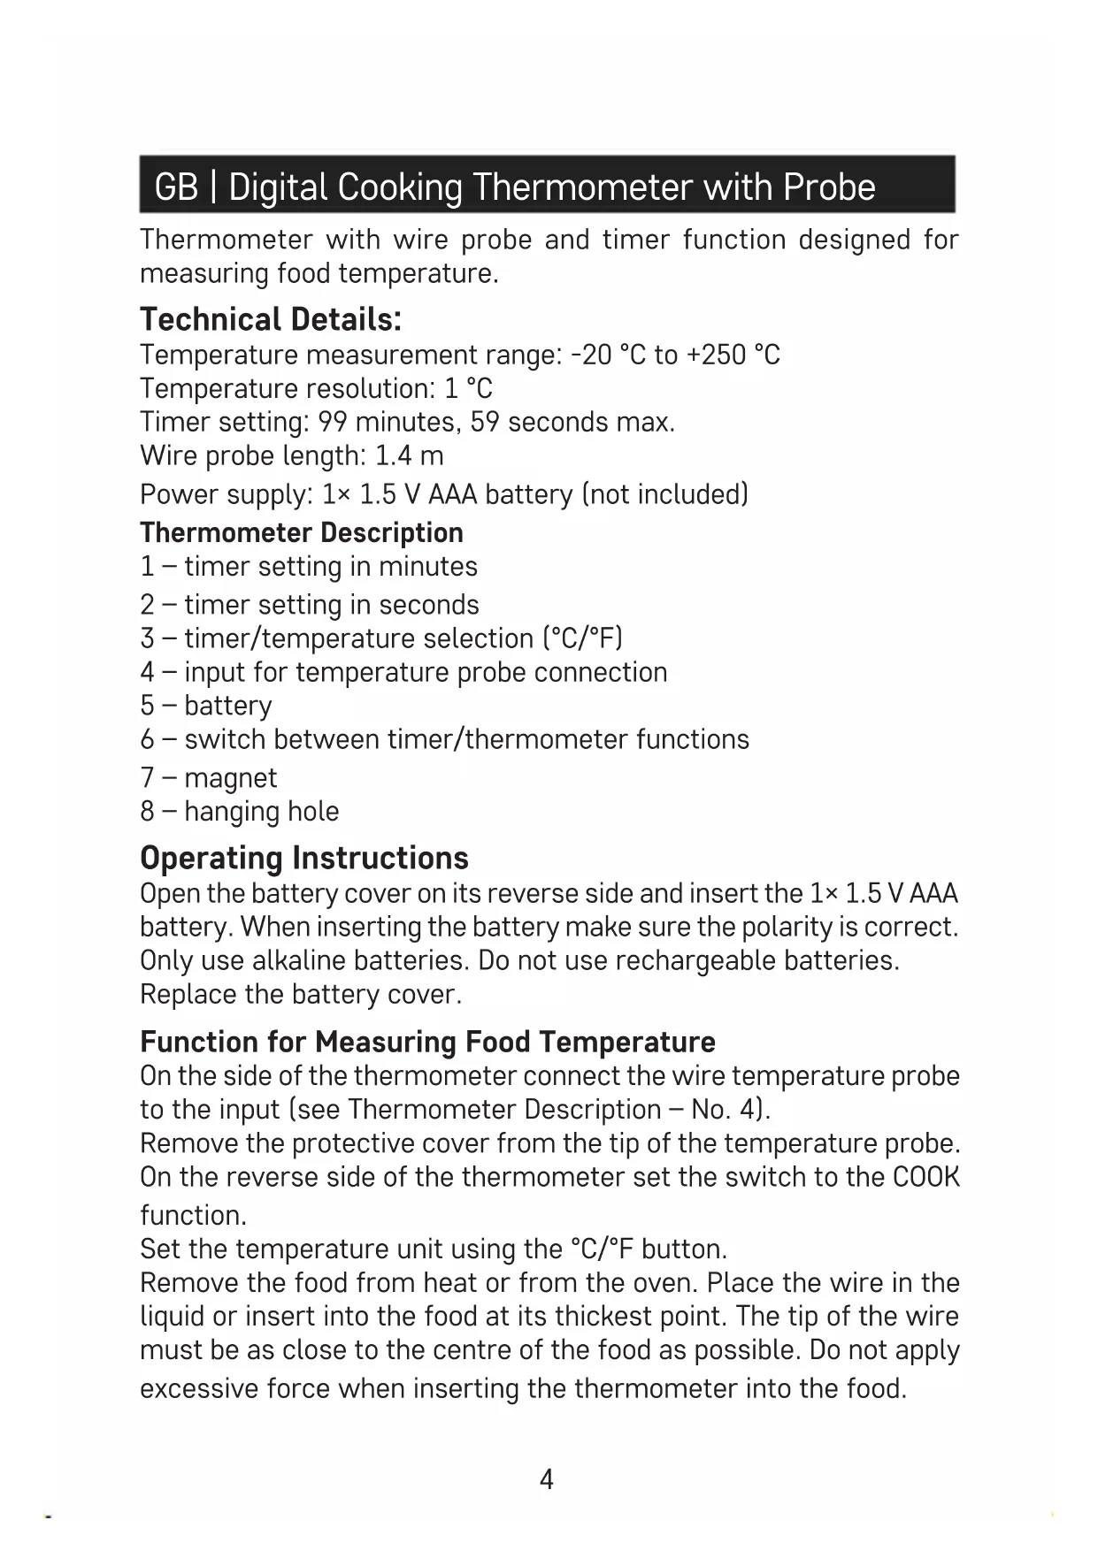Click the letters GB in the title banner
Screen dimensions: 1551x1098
[176, 187]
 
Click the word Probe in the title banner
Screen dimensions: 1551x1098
[829, 187]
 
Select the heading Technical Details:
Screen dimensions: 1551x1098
[271, 319]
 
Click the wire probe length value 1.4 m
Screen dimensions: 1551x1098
[409, 456]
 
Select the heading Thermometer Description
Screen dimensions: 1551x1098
[302, 533]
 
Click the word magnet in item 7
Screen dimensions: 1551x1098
[231, 778]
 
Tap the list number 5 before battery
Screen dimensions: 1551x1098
[147, 706]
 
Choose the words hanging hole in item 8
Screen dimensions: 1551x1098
[262, 812]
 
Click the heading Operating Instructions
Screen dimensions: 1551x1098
[304, 858]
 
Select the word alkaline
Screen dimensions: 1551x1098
[298, 961]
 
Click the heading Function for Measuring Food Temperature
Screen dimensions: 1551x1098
[427, 1042]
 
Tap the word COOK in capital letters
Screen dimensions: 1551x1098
[926, 1178]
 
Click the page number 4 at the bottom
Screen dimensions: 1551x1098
[547, 1479]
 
